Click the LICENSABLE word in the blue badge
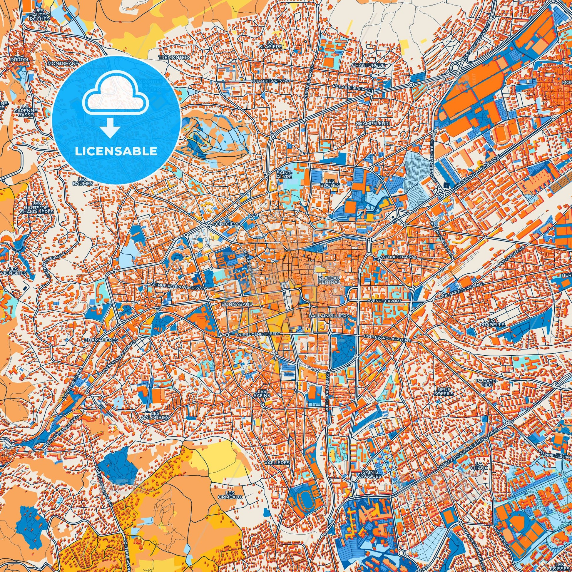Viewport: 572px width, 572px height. click(116, 151)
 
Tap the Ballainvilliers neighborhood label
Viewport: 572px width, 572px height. click(328, 316)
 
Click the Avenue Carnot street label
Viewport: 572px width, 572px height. click(384, 301)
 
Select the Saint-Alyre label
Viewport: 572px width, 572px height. click(284, 175)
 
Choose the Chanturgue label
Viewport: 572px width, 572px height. click(368, 65)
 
